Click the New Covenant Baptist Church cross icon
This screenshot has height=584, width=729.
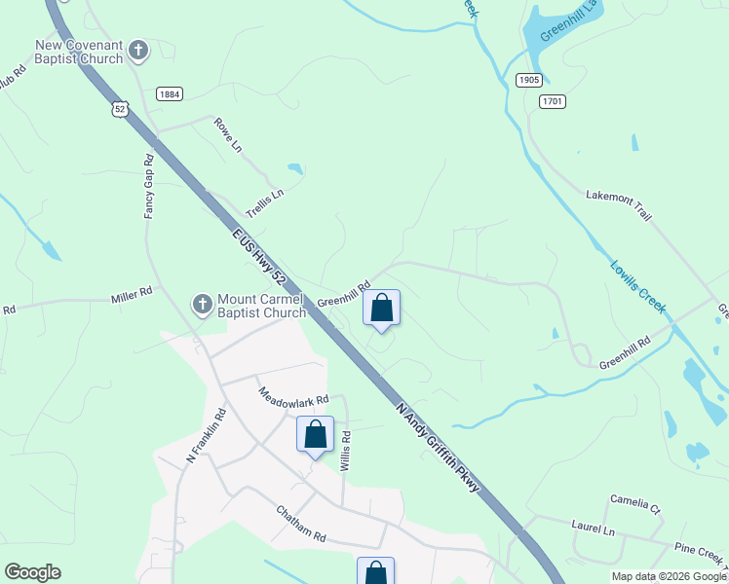pos(138,49)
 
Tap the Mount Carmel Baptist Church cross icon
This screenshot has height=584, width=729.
pos(202,306)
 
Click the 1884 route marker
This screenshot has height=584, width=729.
pos(168,93)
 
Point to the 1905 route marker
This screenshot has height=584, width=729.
pos(528,81)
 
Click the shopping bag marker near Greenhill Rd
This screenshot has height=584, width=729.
pos(382,309)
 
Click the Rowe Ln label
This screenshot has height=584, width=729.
pos(228,136)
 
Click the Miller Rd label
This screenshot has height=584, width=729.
pos(133,292)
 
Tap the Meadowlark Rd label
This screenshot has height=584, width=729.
pos(293,398)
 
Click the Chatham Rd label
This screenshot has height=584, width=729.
pos(299,524)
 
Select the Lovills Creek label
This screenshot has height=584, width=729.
pos(638,287)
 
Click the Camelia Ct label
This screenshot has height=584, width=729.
pos(635,503)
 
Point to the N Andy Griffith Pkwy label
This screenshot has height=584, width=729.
pos(439,447)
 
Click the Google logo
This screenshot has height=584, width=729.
pos(32,572)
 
